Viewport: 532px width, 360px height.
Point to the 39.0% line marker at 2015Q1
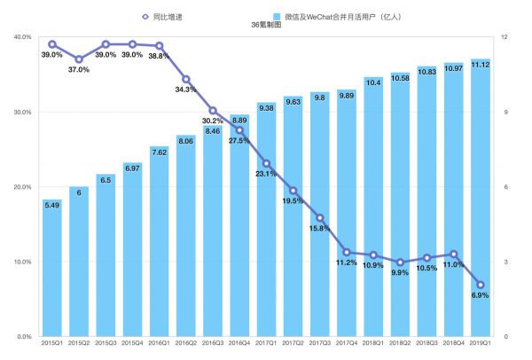click(x=52, y=44)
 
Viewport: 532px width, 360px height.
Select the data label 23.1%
click(x=267, y=175)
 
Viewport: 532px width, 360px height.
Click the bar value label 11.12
click(x=480, y=65)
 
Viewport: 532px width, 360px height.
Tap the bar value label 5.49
click(x=52, y=206)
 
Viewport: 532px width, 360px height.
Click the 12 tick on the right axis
click(x=505, y=37)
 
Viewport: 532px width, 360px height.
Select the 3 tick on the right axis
click(x=504, y=262)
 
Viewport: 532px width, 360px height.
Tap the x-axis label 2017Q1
click(x=266, y=342)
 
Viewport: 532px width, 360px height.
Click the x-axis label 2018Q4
click(x=453, y=342)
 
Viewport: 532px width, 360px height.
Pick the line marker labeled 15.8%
click(x=320, y=218)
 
